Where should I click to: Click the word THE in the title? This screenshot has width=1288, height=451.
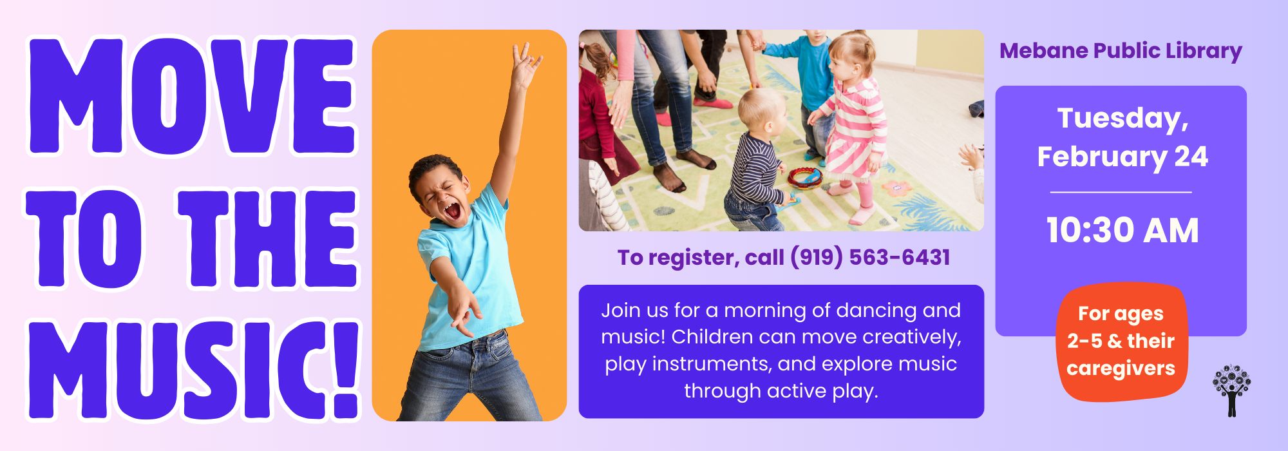[267, 238]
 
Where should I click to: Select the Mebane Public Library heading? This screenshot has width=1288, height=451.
[1121, 51]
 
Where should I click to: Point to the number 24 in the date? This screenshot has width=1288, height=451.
[1191, 157]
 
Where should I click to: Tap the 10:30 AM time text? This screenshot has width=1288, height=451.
[1122, 230]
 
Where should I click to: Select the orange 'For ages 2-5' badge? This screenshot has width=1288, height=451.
[1121, 341]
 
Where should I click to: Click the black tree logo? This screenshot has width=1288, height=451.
[1231, 390]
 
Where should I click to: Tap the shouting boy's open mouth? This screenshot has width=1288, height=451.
[453, 211]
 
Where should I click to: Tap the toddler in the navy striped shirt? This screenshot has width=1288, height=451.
[757, 161]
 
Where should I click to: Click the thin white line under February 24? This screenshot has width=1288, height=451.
[1121, 192]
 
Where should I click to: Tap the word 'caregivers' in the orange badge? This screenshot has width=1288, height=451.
[1121, 369]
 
